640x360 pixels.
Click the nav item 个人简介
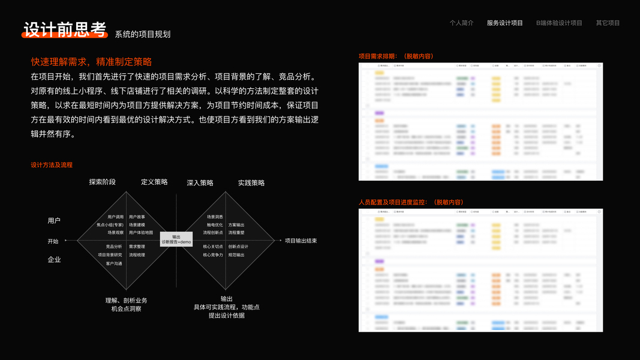461,23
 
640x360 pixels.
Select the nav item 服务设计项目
504,23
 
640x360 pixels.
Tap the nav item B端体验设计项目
559,23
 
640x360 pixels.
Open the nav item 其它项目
608,23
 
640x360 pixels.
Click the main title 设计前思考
65,30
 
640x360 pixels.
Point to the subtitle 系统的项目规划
143,34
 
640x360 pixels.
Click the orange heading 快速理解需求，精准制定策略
91,62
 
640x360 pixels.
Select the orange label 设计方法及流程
52,165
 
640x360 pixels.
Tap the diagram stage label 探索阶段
103,182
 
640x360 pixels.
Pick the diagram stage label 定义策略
154,182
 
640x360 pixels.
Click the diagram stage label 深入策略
200,182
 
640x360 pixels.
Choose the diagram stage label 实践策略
251,182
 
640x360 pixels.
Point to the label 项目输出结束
301,241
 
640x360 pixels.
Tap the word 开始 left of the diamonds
53,241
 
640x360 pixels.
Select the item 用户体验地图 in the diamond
141,232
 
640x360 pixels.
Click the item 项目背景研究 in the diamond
110,255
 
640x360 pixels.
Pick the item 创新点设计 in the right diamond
238,247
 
